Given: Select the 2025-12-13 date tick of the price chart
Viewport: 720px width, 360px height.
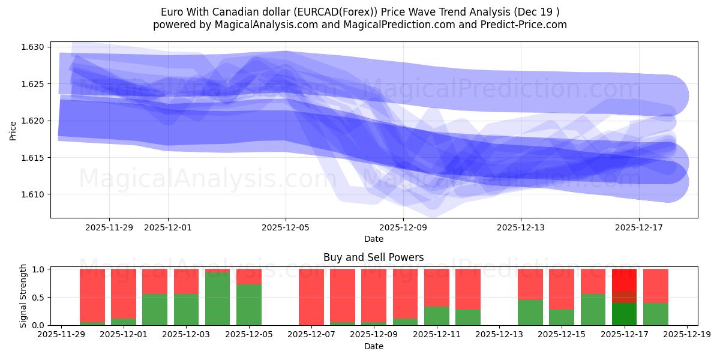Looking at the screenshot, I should [x=521, y=227].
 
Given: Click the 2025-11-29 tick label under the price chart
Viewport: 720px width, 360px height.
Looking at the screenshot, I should [x=109, y=227].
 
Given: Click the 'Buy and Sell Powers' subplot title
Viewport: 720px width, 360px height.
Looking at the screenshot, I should [x=373, y=257].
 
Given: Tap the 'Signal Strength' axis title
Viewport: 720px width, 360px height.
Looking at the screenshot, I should [x=23, y=296].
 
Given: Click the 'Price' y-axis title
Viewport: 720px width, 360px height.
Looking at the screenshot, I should [x=13, y=130].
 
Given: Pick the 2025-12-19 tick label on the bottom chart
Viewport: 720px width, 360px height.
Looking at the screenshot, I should [x=687, y=335].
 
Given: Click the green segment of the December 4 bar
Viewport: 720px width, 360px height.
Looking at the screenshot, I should [x=217, y=299].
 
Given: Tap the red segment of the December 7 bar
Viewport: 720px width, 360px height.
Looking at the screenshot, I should [x=311, y=296].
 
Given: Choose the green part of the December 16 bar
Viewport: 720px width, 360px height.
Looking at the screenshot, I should [x=593, y=310].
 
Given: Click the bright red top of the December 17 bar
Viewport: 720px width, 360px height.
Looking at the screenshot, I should [x=624, y=280].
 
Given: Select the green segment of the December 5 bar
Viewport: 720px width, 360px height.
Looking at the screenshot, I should [x=248, y=305].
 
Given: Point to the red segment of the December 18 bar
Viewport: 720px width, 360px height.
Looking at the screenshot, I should [x=655, y=286].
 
